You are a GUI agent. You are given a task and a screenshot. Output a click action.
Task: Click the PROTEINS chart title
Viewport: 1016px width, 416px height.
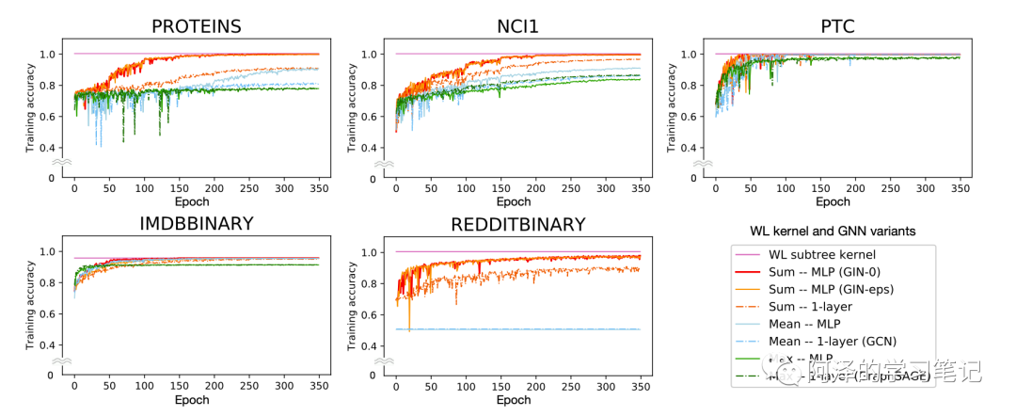(x=197, y=26)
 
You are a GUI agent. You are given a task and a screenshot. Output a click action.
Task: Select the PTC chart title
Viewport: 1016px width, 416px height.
(x=837, y=26)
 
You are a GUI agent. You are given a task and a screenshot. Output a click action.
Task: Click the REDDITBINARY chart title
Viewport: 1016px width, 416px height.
(x=517, y=225)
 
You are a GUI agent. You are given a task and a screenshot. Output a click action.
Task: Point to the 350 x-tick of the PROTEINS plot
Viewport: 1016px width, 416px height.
(x=319, y=188)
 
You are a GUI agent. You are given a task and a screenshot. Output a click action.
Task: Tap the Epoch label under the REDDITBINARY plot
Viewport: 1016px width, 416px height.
(x=514, y=400)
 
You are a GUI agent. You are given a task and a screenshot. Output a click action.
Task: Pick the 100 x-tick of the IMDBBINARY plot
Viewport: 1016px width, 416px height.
(x=144, y=387)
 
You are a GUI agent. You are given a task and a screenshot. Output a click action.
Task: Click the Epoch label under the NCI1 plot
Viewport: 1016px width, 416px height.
(x=514, y=201)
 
